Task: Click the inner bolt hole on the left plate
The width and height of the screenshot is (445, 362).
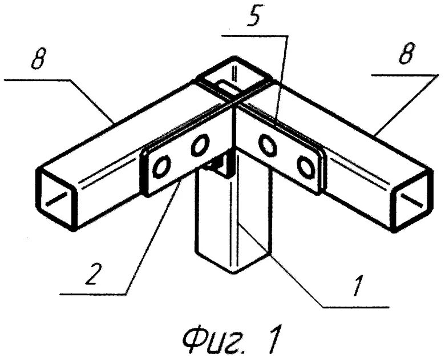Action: pos(199,146)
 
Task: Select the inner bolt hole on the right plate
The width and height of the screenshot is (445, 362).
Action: pos(267,146)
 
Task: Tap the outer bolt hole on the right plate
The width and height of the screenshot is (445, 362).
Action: pos(305,167)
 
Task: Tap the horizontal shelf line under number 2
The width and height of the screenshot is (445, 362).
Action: pos(91,294)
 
